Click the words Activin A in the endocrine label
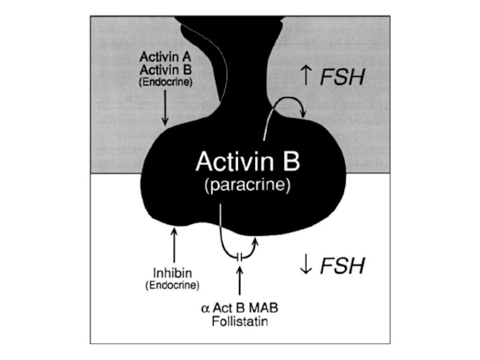point(165,58)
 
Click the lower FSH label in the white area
point(341,265)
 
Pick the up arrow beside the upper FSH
point(305,76)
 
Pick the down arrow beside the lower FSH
point(305,265)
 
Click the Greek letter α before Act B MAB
point(205,308)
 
